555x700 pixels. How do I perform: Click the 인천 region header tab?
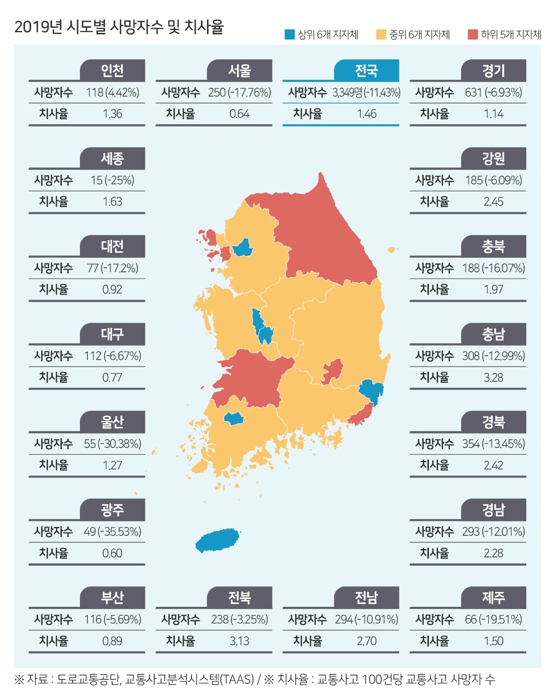click(x=112, y=71)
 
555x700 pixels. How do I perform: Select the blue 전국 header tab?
click(x=366, y=71)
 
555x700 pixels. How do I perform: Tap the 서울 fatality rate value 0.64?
click(x=239, y=114)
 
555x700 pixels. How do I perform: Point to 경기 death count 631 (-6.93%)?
click(x=493, y=93)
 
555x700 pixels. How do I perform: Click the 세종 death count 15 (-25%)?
click(x=112, y=180)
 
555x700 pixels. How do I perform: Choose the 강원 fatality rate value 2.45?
click(x=493, y=202)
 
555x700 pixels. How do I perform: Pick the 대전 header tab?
click(x=112, y=247)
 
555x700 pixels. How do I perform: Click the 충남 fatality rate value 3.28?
click(x=493, y=378)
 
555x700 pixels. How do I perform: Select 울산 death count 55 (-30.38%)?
click(x=112, y=444)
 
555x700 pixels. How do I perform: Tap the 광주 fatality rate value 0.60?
click(x=112, y=554)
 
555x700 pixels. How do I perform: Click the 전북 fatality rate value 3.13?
click(x=239, y=641)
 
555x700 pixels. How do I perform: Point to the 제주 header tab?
click(x=493, y=598)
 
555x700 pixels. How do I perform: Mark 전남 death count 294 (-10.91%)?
click(x=366, y=620)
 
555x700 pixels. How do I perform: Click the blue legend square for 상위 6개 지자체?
click(x=289, y=34)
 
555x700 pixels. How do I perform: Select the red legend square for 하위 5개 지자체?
click(x=472, y=34)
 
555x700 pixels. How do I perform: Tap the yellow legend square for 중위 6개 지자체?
click(x=381, y=34)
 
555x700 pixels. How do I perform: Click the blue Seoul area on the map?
click(x=243, y=247)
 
